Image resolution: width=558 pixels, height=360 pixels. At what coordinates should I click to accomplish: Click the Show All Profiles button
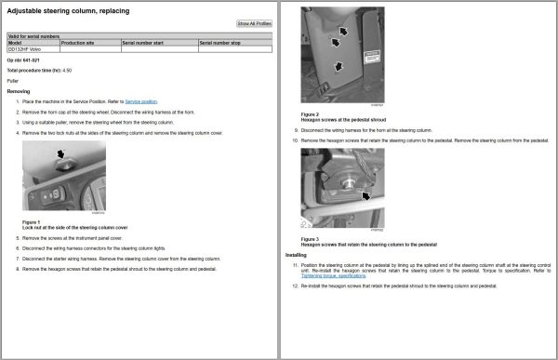click(x=254, y=23)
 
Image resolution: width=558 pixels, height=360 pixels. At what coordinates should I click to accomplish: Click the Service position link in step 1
click(x=141, y=100)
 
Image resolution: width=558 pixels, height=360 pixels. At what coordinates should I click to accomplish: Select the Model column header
click(x=15, y=43)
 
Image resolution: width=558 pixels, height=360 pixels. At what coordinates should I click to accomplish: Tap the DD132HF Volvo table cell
click(x=24, y=49)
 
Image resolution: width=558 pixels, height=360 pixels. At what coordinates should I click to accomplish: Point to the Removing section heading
click(x=19, y=91)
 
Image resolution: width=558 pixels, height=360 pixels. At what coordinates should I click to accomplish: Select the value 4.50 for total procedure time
click(x=67, y=70)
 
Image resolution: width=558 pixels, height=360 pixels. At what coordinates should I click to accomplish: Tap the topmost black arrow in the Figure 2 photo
click(x=344, y=31)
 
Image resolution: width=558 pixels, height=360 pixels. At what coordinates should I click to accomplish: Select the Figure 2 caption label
click(x=311, y=113)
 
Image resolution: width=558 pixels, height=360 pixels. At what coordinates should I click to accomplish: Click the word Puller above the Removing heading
click(x=13, y=81)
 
